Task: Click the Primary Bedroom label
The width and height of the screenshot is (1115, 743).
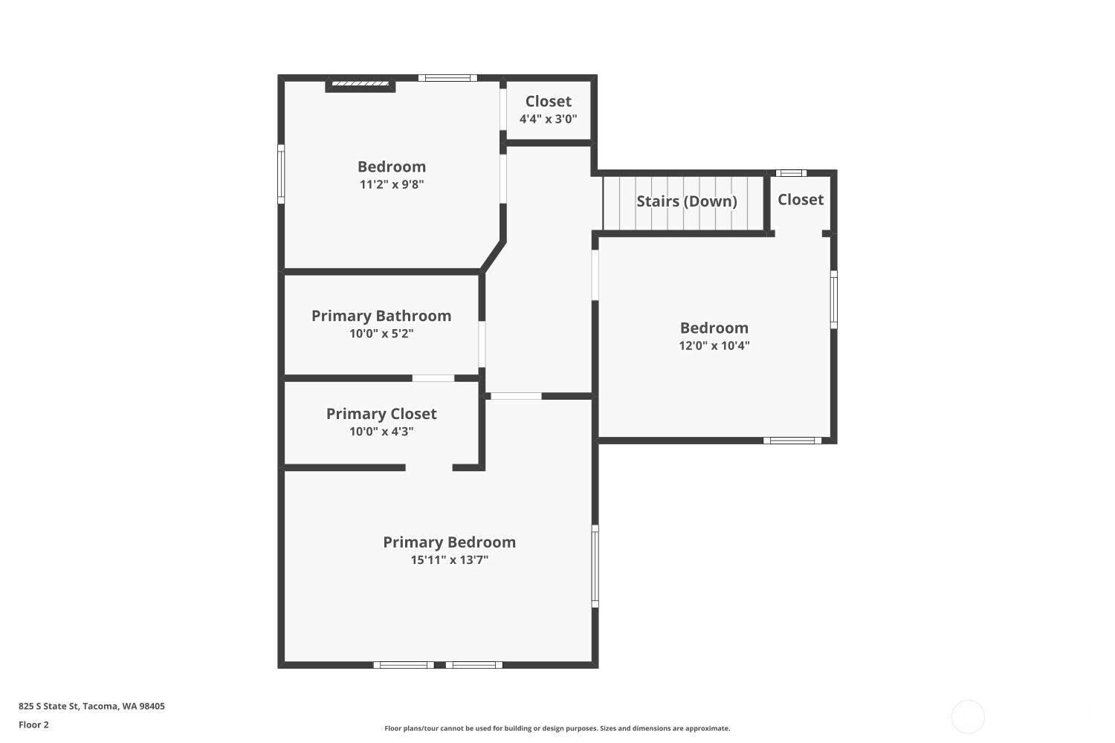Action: tap(449, 542)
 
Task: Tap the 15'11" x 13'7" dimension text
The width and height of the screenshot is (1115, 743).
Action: tap(449, 560)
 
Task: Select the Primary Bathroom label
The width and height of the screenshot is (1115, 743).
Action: tap(381, 316)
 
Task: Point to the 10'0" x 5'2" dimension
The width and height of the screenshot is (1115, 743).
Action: tap(381, 334)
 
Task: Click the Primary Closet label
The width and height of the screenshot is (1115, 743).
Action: tap(381, 414)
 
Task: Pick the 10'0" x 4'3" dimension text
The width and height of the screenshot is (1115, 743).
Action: tap(381, 432)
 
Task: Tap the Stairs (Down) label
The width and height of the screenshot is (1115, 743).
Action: tap(687, 201)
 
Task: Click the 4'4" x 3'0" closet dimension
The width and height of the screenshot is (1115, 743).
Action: tap(548, 119)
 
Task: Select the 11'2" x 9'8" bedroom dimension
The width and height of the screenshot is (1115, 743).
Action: tap(392, 184)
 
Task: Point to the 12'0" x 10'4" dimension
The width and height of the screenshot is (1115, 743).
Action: tap(714, 346)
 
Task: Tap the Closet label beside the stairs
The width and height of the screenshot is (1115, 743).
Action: tap(801, 200)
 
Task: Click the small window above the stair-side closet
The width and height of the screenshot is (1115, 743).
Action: tap(791, 173)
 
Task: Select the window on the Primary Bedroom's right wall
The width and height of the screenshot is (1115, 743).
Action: tap(595, 566)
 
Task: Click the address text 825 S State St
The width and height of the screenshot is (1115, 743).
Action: tap(49, 706)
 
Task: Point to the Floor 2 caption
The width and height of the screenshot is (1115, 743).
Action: tap(34, 724)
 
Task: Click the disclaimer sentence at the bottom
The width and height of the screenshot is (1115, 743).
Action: tap(557, 728)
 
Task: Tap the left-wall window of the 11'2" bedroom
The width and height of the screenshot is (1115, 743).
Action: tap(281, 174)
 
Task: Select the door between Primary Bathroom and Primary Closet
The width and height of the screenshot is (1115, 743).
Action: tap(433, 378)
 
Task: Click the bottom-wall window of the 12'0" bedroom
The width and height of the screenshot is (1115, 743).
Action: tap(792, 441)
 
